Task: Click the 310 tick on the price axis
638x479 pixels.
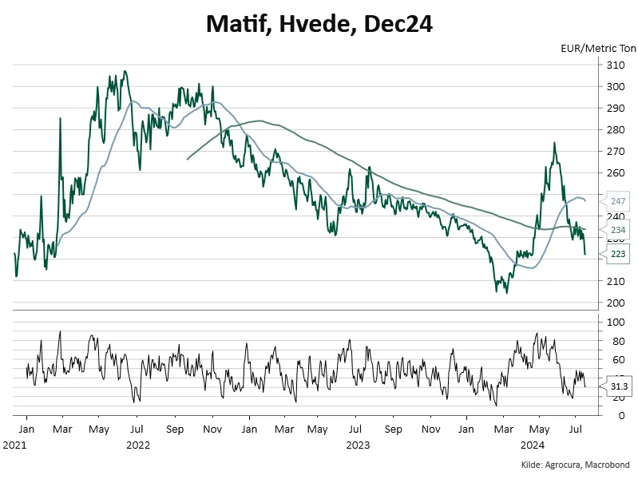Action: (616, 65)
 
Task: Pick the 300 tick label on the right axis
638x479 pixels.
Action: (616, 86)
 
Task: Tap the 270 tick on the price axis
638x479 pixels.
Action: (616, 151)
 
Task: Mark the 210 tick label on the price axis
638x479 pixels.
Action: (616, 281)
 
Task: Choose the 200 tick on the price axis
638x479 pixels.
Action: (616, 303)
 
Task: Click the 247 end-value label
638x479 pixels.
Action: (618, 201)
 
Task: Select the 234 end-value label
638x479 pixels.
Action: (618, 229)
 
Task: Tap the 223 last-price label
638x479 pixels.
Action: (618, 254)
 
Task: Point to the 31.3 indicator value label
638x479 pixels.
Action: (618, 386)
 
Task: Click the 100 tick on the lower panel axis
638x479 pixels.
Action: (616, 323)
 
